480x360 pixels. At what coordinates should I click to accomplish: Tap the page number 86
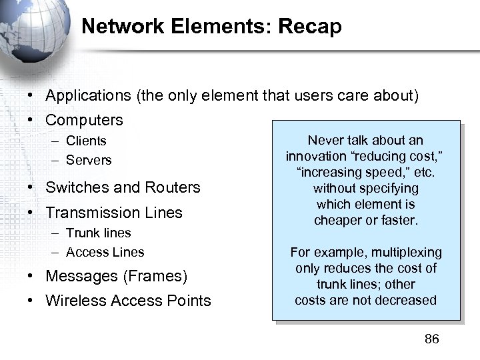pos(432,339)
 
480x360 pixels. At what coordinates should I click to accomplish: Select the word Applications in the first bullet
pos(89,96)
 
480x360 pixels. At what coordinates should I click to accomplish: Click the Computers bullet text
pos(84,121)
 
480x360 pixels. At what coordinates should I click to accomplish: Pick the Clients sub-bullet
pos(86,141)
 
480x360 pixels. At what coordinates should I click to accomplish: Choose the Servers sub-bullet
pos(89,160)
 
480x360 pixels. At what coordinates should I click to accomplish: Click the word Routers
pos(175,187)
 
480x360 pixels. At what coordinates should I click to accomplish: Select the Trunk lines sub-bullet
pos(98,233)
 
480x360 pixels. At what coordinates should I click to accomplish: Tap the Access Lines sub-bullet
pos(105,252)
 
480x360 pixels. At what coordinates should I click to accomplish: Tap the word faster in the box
pos(397,220)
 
